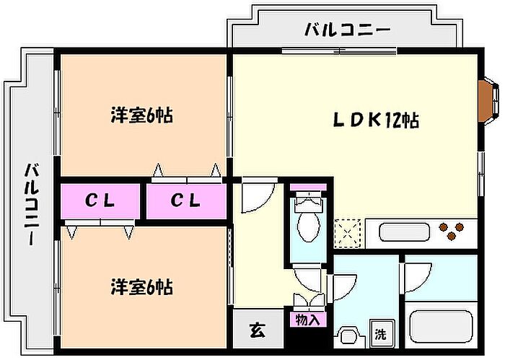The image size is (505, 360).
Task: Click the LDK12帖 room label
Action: [376, 120]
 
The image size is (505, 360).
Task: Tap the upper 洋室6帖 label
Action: [142, 115]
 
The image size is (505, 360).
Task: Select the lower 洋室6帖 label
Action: [142, 287]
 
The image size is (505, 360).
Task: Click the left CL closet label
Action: [100, 201]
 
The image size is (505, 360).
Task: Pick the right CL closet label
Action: [185, 201]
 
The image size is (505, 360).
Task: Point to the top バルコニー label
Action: [348, 30]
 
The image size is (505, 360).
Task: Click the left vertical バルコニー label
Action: [32, 204]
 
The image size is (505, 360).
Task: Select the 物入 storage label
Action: [307, 320]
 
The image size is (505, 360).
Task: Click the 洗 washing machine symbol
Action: [381, 334]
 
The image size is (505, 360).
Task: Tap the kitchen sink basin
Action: [404, 232]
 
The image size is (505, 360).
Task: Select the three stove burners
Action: [452, 231]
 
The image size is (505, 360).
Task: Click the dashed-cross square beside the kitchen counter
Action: [348, 234]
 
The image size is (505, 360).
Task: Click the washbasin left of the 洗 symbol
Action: [349, 337]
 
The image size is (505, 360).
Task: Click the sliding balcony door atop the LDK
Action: [339, 51]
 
